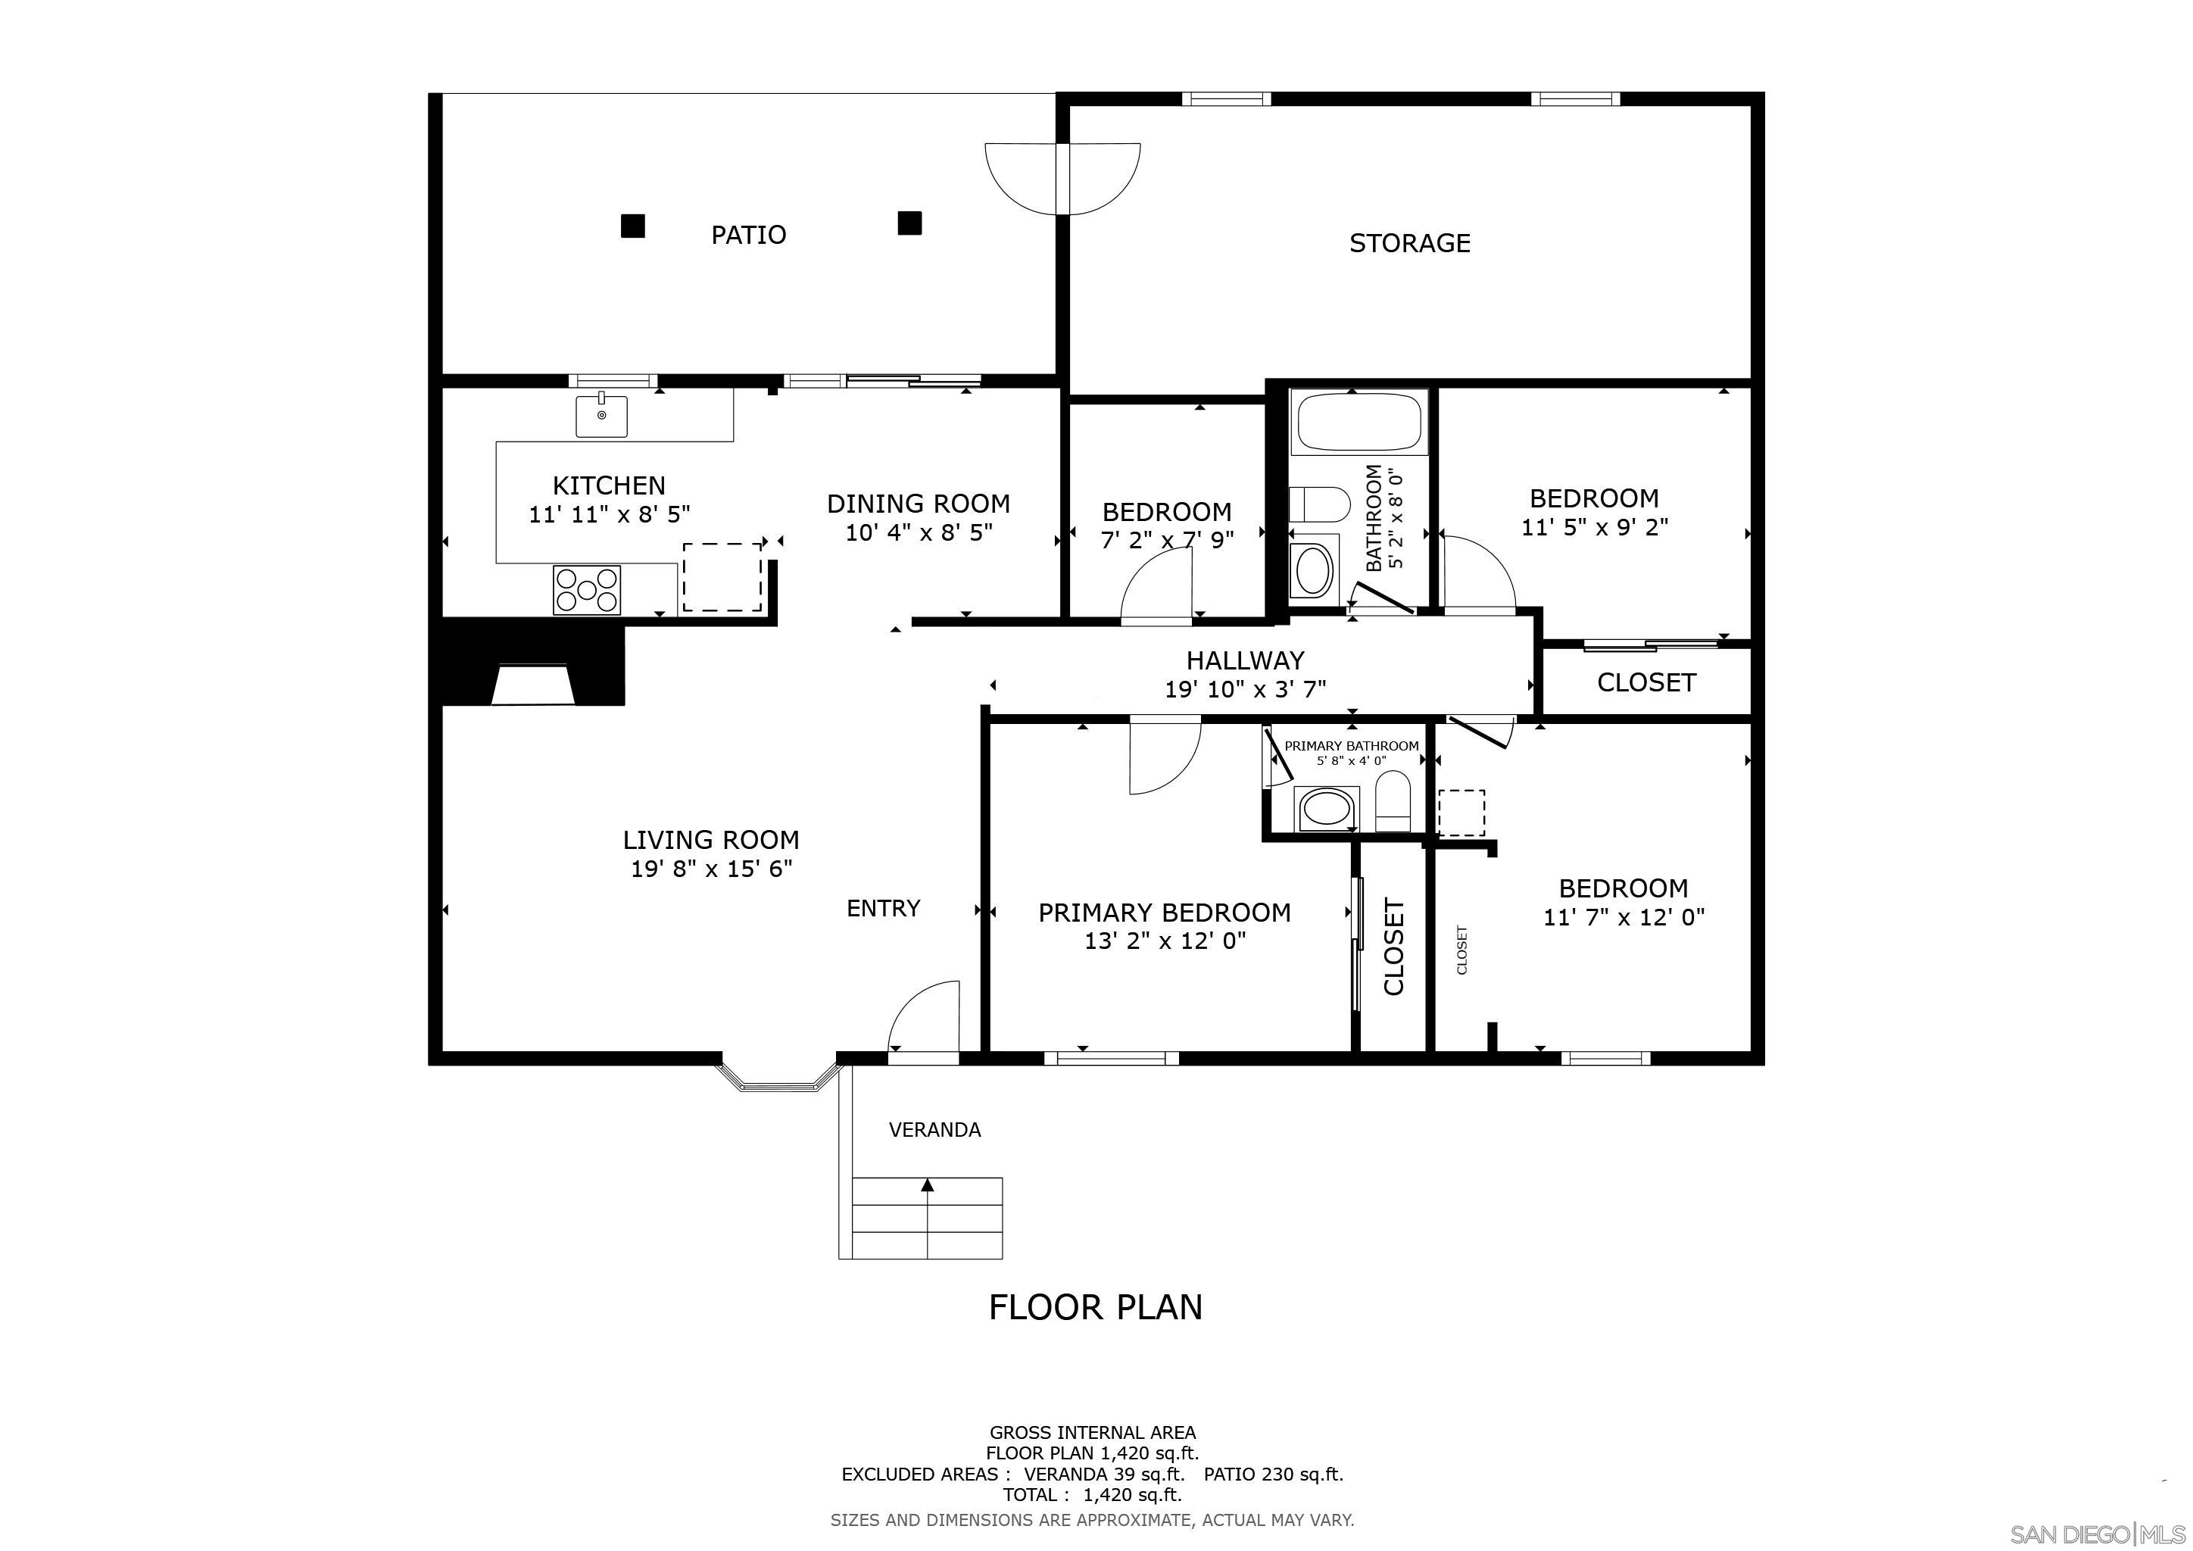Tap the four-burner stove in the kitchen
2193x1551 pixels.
(586, 590)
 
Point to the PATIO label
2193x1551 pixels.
(748, 235)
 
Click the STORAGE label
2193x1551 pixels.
(1408, 244)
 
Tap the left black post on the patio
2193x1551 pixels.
(632, 226)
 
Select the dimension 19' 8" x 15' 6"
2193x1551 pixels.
(712, 869)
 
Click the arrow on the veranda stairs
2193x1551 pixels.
(926, 1186)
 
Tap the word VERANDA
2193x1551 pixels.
(934, 1130)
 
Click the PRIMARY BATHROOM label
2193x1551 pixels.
(1351, 746)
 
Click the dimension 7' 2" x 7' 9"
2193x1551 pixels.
(1167, 541)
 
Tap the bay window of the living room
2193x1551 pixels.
(778, 1079)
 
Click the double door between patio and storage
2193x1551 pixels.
(1062, 179)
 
